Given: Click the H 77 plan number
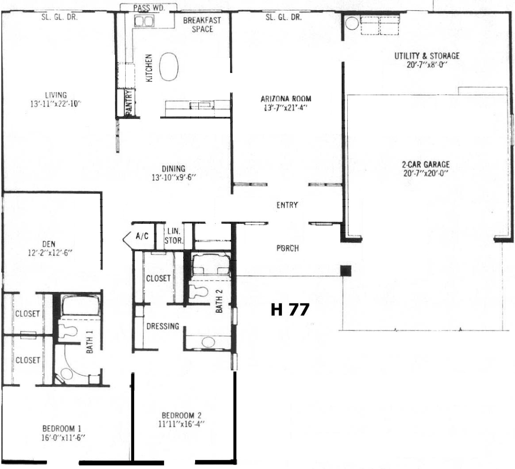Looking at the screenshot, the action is click(290, 309).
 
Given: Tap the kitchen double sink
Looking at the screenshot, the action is click(144, 21).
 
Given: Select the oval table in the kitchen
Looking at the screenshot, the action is click(169, 67).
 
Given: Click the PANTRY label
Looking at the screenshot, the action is click(129, 103).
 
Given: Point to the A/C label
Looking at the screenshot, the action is click(142, 236).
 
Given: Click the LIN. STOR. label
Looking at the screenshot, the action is click(174, 236).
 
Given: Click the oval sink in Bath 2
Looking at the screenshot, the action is click(208, 342).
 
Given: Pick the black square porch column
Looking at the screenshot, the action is click(346, 271).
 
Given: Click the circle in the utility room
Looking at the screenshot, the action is click(352, 23).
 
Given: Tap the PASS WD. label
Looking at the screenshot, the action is click(149, 8).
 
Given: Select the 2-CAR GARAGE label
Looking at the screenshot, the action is click(426, 164).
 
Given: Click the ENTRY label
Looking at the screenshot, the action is click(287, 205).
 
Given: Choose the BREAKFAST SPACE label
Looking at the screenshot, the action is click(202, 25).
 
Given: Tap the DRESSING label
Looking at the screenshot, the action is click(163, 326).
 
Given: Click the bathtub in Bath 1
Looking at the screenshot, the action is click(81, 305).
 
